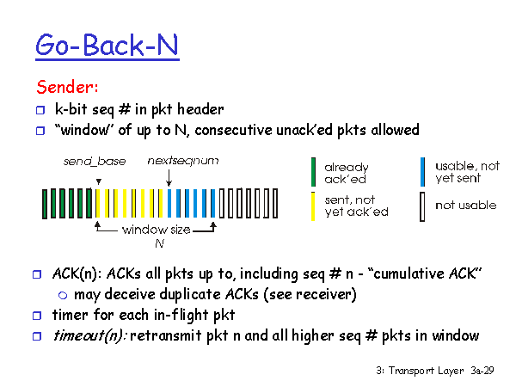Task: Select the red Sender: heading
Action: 67,87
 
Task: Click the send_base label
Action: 95,162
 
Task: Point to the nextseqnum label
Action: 183,161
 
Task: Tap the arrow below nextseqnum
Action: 169,178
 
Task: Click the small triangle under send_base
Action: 98,181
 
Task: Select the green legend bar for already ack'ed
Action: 313,172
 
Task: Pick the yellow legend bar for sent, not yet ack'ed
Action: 313,206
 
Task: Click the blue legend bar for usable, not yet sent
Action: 422,172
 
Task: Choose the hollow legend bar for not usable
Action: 422,206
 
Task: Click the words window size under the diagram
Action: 156,230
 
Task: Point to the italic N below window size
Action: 160,243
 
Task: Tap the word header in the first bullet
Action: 200,109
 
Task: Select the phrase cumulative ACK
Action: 425,273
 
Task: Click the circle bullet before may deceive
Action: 63,295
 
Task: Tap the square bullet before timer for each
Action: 37,316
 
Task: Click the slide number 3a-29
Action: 482,371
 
